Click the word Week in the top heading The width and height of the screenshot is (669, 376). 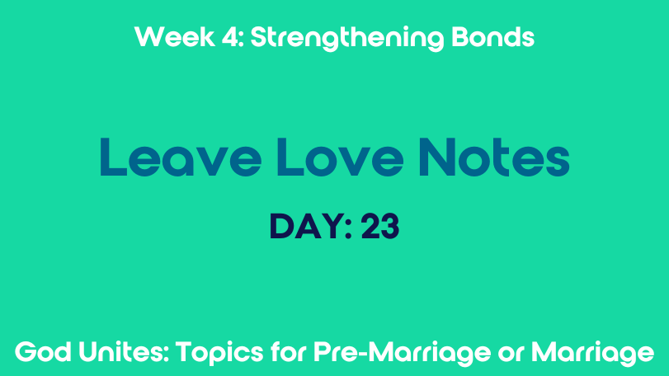[175, 37]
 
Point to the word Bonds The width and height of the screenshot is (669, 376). [492, 37]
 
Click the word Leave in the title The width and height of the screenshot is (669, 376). [181, 157]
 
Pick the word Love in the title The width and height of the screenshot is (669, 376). [340, 157]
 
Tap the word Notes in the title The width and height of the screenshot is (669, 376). [494, 157]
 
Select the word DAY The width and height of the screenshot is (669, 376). [307, 227]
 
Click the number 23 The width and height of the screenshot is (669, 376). [380, 227]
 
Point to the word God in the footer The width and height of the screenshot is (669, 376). [43, 352]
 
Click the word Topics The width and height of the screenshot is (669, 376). [219, 354]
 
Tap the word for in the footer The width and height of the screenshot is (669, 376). [289, 352]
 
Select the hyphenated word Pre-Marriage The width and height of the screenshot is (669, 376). [402, 354]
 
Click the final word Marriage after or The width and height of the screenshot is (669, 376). [592, 354]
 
